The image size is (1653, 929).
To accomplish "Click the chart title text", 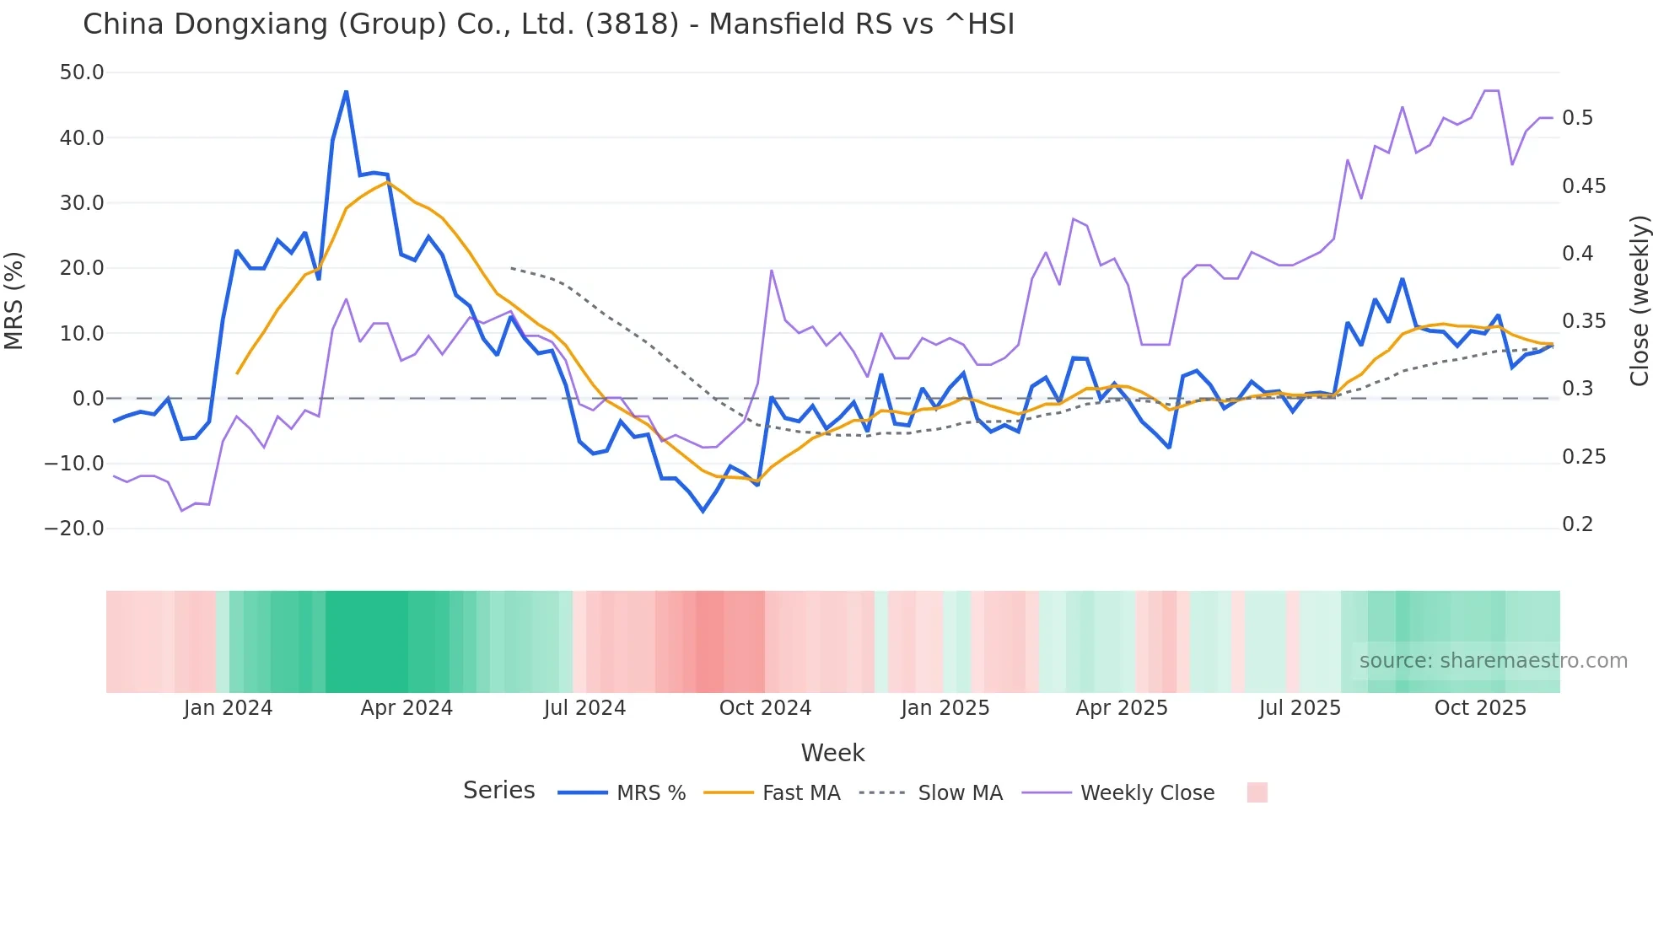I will pyautogui.click(x=548, y=24).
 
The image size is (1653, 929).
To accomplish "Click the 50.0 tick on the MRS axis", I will pyautogui.click(x=82, y=72).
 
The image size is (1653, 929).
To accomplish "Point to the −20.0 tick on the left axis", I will pyautogui.click(x=74, y=529).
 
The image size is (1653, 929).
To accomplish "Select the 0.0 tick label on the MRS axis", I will pyautogui.click(x=89, y=399).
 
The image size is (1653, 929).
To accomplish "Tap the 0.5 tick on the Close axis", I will pyautogui.click(x=1577, y=118).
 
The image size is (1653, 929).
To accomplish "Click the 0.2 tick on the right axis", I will pyautogui.click(x=1577, y=524).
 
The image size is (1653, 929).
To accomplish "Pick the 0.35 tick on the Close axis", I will pyautogui.click(x=1583, y=321).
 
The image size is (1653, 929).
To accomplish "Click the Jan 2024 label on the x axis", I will pyautogui.click(x=228, y=708).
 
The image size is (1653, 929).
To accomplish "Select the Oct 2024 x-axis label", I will pyautogui.click(x=765, y=708).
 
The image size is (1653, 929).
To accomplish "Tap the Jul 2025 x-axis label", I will pyautogui.click(x=1300, y=708).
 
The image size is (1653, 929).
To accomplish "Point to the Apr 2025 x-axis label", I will pyautogui.click(x=1122, y=708).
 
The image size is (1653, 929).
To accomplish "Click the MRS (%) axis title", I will pyautogui.click(x=14, y=300).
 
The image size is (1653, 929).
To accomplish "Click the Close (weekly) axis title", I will pyautogui.click(x=1639, y=300).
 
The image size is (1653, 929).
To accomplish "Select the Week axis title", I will pyautogui.click(x=832, y=753).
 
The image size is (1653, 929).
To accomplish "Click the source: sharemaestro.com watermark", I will pyautogui.click(x=1493, y=661).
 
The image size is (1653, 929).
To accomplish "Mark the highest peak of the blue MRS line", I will pyautogui.click(x=346, y=91).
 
